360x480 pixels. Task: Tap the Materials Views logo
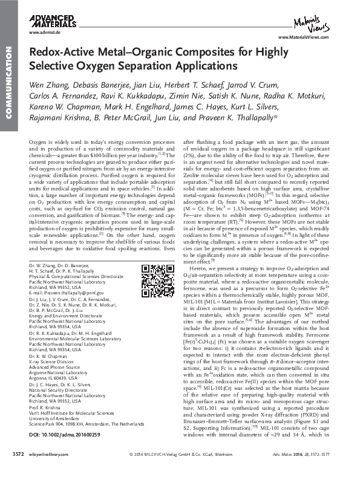point(318,24)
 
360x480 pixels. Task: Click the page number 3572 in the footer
point(11,469)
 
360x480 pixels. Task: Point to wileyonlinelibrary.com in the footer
point(46,469)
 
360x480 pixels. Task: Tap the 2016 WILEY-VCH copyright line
point(181,469)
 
